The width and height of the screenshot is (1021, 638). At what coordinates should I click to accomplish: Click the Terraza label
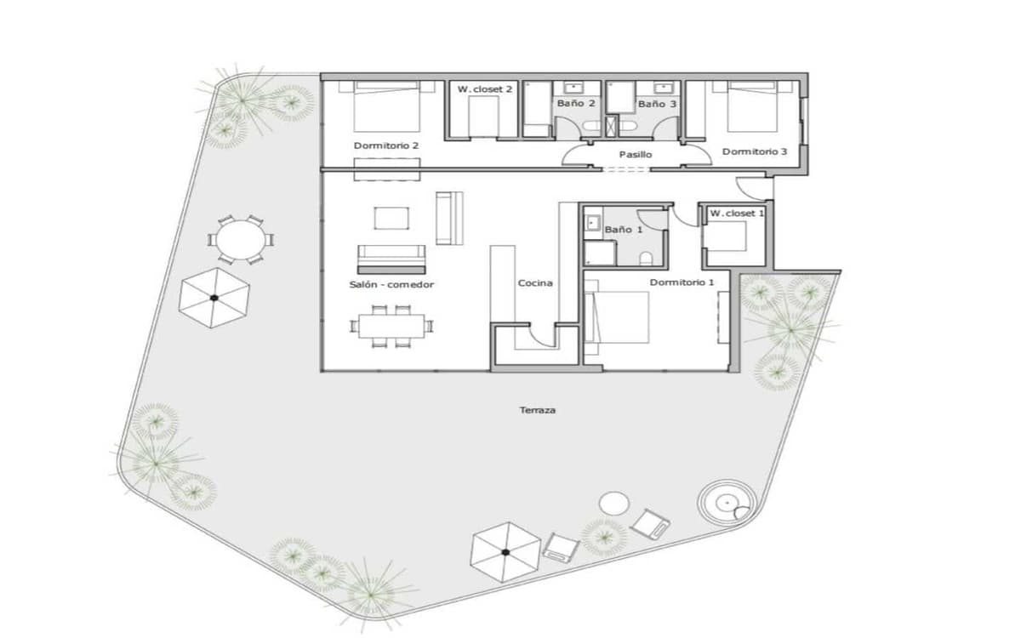(x=538, y=410)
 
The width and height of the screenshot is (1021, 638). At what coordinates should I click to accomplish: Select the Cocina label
(x=535, y=283)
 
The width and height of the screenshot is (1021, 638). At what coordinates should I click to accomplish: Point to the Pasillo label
(x=635, y=155)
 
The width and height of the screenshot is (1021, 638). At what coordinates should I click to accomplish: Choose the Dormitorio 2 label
(x=386, y=145)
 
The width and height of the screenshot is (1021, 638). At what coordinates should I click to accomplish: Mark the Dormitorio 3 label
(x=755, y=151)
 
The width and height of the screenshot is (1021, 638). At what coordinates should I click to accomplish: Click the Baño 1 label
(x=624, y=230)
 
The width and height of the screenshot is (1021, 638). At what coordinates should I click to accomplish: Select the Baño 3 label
(x=657, y=104)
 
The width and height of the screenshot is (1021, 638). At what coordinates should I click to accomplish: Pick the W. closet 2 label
(x=485, y=88)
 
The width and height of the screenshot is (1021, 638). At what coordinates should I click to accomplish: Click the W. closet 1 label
(x=737, y=213)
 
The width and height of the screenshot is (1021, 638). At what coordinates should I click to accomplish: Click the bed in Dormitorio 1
(x=619, y=318)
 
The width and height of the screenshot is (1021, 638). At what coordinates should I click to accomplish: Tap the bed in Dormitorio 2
(x=387, y=105)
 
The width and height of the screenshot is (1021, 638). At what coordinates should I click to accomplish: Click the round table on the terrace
(x=239, y=241)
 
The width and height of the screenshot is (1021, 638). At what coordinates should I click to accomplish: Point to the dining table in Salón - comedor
(x=391, y=325)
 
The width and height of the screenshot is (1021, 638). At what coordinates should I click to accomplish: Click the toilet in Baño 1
(x=647, y=257)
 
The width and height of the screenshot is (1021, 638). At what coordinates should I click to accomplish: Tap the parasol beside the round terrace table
(x=214, y=297)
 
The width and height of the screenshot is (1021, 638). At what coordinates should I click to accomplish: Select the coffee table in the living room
(x=391, y=219)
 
